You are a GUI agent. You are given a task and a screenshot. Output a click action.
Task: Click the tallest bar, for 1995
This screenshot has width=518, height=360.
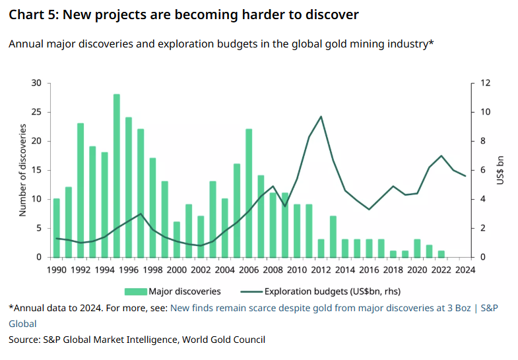coord(117,175)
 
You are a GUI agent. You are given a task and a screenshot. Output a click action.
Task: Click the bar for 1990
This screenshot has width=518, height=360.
coord(56,227)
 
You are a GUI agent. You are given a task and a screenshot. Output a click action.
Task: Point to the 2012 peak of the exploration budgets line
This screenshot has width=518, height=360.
coord(321,117)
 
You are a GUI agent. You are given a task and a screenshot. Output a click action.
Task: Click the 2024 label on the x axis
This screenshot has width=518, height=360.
coord(466,269)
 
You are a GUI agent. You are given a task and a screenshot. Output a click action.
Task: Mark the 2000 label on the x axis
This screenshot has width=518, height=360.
coord(176,269)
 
